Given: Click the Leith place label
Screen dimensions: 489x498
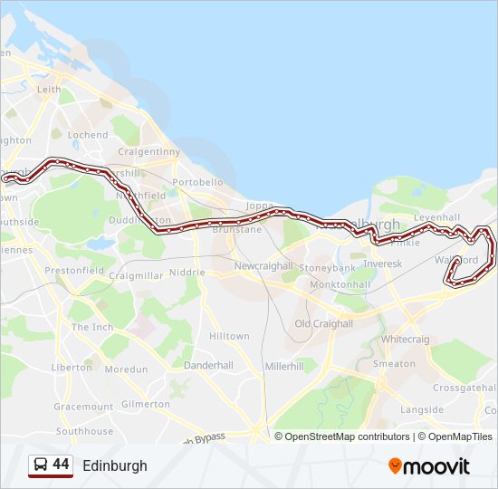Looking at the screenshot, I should pyautogui.click(x=49, y=90).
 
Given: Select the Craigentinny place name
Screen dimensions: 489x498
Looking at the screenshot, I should pyautogui.click(x=149, y=151).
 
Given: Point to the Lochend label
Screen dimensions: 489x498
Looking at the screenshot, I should pyautogui.click(x=87, y=135).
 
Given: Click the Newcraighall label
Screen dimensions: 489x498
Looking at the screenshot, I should pyautogui.click(x=263, y=266).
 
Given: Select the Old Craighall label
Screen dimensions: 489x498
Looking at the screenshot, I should pyautogui.click(x=323, y=323).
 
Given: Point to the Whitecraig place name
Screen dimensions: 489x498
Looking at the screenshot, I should pyautogui.click(x=406, y=339).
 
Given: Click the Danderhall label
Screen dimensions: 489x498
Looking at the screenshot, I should pyautogui.click(x=208, y=365).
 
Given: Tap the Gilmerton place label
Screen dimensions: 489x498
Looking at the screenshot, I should pyautogui.click(x=145, y=404).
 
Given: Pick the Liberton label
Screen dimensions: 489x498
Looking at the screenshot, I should pyautogui.click(x=72, y=368).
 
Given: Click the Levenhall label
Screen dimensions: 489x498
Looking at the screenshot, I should pyautogui.click(x=436, y=218).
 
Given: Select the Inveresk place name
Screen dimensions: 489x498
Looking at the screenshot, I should pyautogui.click(x=382, y=264).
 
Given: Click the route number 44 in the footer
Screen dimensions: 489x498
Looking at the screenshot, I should pyautogui.click(x=61, y=465).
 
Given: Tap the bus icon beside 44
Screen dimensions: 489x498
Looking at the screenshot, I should pyautogui.click(x=41, y=465).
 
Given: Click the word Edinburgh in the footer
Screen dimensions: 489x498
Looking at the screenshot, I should pyautogui.click(x=114, y=466).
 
